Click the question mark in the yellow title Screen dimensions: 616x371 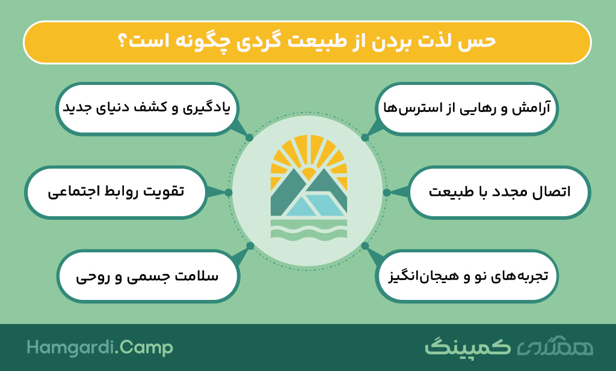123,41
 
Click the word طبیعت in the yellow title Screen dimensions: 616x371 317,41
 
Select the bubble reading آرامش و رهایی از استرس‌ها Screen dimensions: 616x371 467,109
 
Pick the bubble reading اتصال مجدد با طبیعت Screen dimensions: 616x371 499,192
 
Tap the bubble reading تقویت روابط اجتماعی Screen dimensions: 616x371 116,192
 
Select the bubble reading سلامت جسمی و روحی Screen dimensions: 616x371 148,276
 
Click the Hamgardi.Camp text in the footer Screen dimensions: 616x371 100,348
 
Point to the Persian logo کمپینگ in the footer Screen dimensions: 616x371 467,346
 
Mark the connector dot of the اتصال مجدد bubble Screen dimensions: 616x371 387,192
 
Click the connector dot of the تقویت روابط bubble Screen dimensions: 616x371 229,192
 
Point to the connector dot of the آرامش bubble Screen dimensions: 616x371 365,137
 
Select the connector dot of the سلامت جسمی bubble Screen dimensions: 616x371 250,246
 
